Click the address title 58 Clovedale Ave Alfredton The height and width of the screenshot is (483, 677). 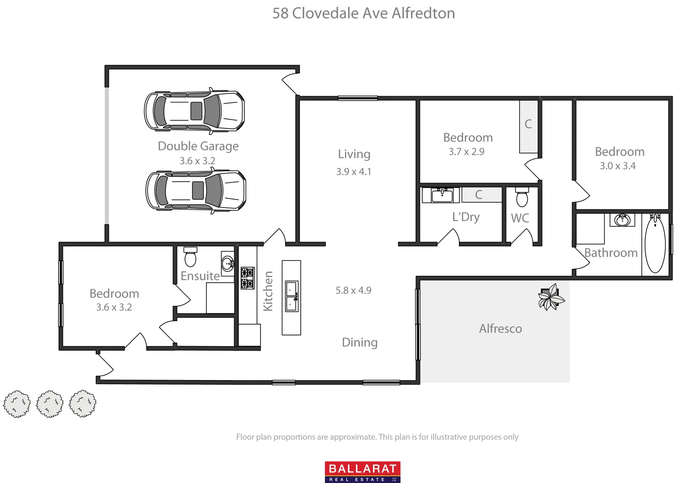pyautogui.click(x=363, y=13)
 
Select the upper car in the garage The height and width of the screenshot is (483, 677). pyautogui.click(x=194, y=111)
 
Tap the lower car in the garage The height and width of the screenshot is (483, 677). pyautogui.click(x=196, y=191)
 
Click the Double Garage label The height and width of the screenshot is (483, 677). pyautogui.click(x=198, y=146)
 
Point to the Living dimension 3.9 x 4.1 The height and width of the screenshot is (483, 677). pyautogui.click(x=353, y=172)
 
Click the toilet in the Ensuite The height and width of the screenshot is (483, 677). pyautogui.click(x=190, y=257)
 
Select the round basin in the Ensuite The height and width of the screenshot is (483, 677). pyautogui.click(x=227, y=263)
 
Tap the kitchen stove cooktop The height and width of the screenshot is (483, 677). pyautogui.click(x=248, y=278)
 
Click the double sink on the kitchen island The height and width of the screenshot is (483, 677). pyautogui.click(x=291, y=297)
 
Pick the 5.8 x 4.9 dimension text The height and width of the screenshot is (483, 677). pyautogui.click(x=353, y=290)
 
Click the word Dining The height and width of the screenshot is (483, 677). pyautogui.click(x=360, y=343)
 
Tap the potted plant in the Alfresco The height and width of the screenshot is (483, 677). pyautogui.click(x=551, y=297)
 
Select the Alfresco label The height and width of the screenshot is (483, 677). pyautogui.click(x=500, y=329)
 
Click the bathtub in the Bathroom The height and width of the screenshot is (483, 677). pyautogui.click(x=655, y=244)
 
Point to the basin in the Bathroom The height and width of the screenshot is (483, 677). pyautogui.click(x=622, y=220)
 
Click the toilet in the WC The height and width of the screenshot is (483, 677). pyautogui.click(x=522, y=197)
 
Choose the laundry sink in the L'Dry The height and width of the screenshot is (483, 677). pyautogui.click(x=442, y=195)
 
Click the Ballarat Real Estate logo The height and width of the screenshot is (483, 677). pyautogui.click(x=362, y=472)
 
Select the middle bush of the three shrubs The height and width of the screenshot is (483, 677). pyautogui.click(x=50, y=404)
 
